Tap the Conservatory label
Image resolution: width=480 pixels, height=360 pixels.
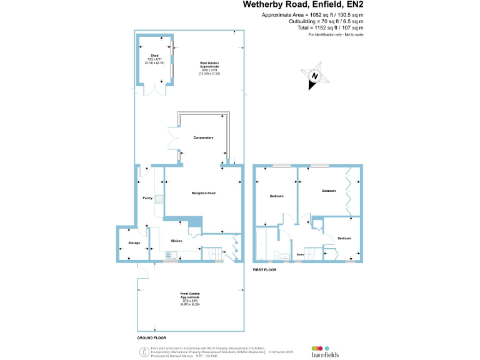204,137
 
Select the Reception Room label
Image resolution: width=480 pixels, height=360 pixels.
204,193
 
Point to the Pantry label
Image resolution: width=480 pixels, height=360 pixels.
147,198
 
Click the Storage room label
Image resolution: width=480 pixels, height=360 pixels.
134,242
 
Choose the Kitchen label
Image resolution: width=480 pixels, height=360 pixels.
176,241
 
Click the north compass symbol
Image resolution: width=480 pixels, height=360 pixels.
316,76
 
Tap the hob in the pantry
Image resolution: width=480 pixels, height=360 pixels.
159,200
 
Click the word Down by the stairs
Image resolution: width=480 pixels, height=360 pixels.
300,254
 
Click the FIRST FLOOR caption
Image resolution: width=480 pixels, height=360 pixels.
265,269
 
